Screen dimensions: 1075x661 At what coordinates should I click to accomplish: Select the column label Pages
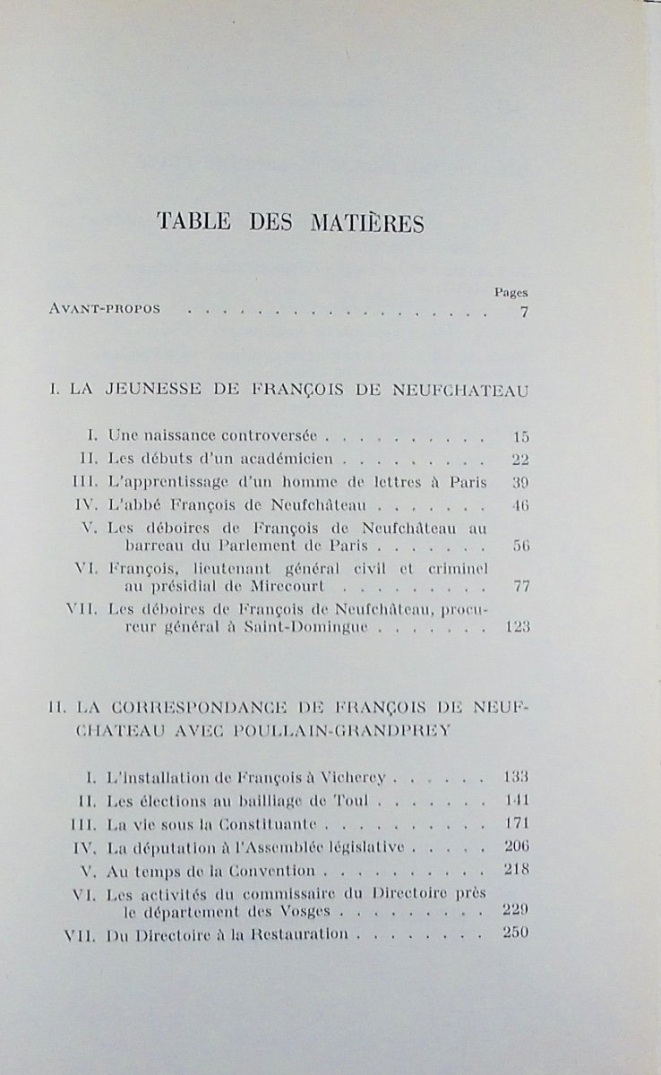(511, 292)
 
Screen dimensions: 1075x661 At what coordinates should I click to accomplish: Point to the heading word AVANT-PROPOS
(106, 310)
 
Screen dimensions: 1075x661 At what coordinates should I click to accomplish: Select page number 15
(521, 437)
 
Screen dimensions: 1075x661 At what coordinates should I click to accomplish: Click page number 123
(518, 627)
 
